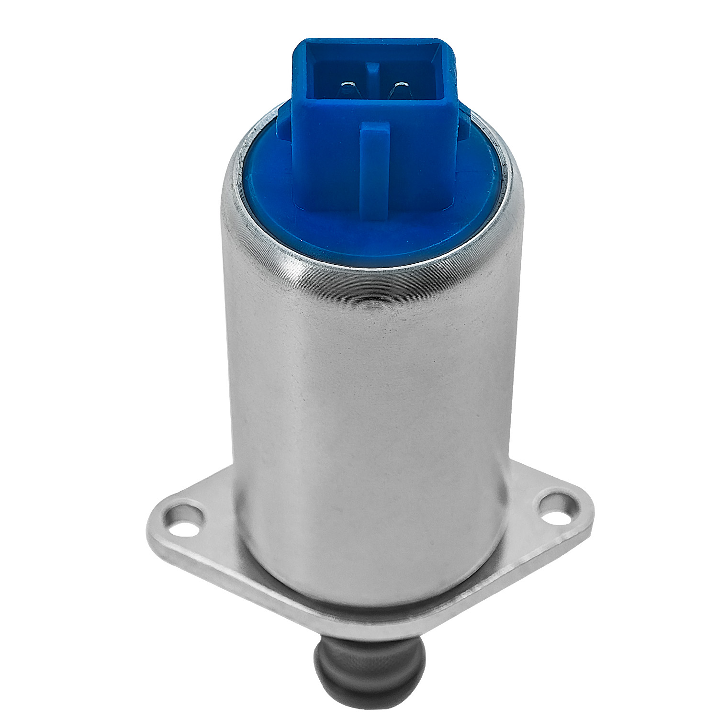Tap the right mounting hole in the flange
click(x=554, y=506)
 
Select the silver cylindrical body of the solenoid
click(x=369, y=407)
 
